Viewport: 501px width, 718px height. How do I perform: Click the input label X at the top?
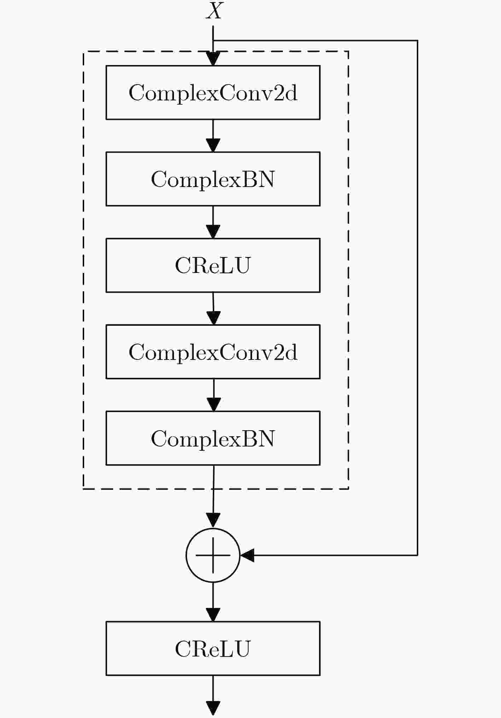[214, 11]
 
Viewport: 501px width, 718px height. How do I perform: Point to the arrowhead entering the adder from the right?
[247, 555]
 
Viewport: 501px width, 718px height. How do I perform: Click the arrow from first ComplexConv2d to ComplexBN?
[213, 136]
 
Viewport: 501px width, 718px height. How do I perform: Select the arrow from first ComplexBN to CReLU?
[213, 222]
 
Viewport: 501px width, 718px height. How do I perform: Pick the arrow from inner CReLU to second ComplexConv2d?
[213, 309]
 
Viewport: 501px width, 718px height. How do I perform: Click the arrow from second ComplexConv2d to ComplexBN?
[214, 395]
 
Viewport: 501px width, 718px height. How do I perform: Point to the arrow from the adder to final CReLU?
[213, 602]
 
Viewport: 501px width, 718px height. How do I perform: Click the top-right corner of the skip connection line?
[418, 41]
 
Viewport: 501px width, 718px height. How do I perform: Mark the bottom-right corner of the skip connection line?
[418, 555]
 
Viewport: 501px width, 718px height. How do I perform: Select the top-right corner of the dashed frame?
[349, 51]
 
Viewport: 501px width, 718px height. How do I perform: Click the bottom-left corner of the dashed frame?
[83, 489]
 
